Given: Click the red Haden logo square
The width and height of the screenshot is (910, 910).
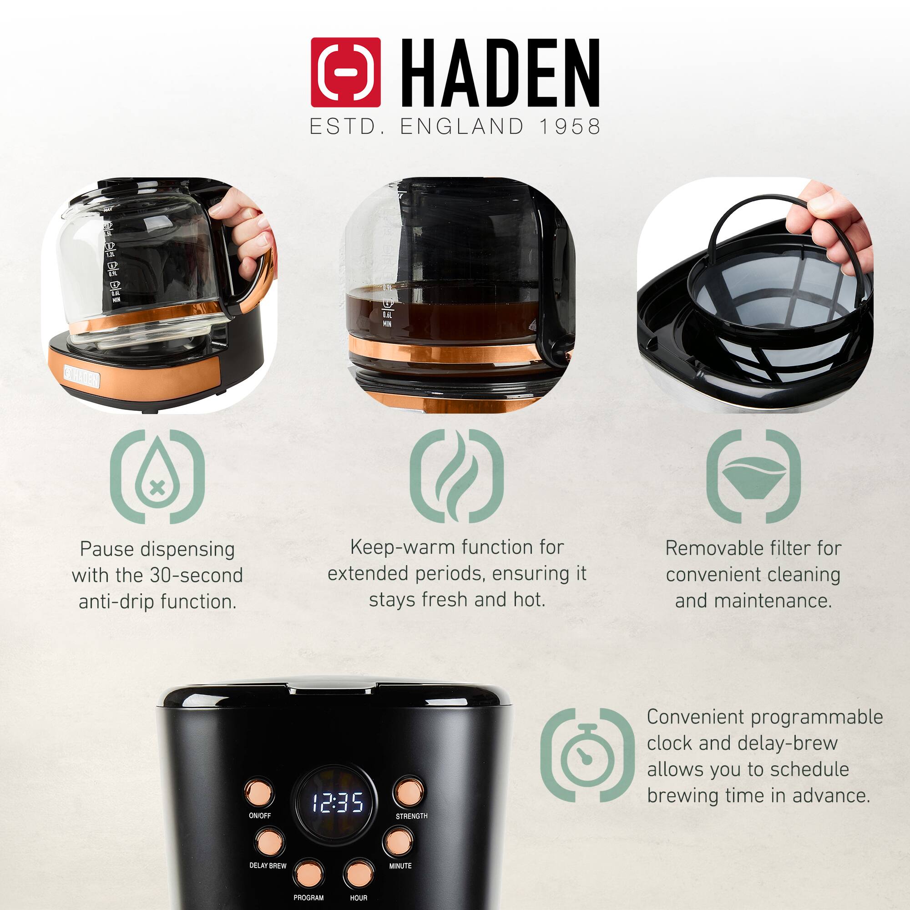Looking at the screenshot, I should click(346, 72).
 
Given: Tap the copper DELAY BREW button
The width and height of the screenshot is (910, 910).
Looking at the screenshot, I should click(270, 842).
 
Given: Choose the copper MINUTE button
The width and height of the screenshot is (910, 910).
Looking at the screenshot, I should click(398, 841).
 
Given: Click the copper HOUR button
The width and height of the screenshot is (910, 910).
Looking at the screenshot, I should click(359, 874).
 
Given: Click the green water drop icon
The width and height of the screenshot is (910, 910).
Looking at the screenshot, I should click(157, 476).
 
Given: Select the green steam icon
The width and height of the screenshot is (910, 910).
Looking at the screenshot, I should click(456, 476).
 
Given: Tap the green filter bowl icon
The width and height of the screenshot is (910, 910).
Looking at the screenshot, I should click(753, 476).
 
